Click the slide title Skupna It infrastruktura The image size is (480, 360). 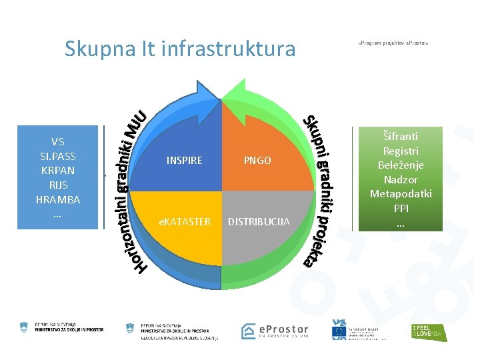point(179,49)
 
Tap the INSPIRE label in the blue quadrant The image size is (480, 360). point(184,161)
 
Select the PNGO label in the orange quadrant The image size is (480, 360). point(257,161)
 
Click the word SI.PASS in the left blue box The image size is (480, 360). point(57,156)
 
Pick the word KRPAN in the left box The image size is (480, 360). point(57,171)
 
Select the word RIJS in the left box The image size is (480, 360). point(57,185)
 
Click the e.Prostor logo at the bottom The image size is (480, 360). point(275,331)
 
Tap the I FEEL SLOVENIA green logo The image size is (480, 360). point(427,331)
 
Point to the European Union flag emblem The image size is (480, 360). point(339,330)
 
